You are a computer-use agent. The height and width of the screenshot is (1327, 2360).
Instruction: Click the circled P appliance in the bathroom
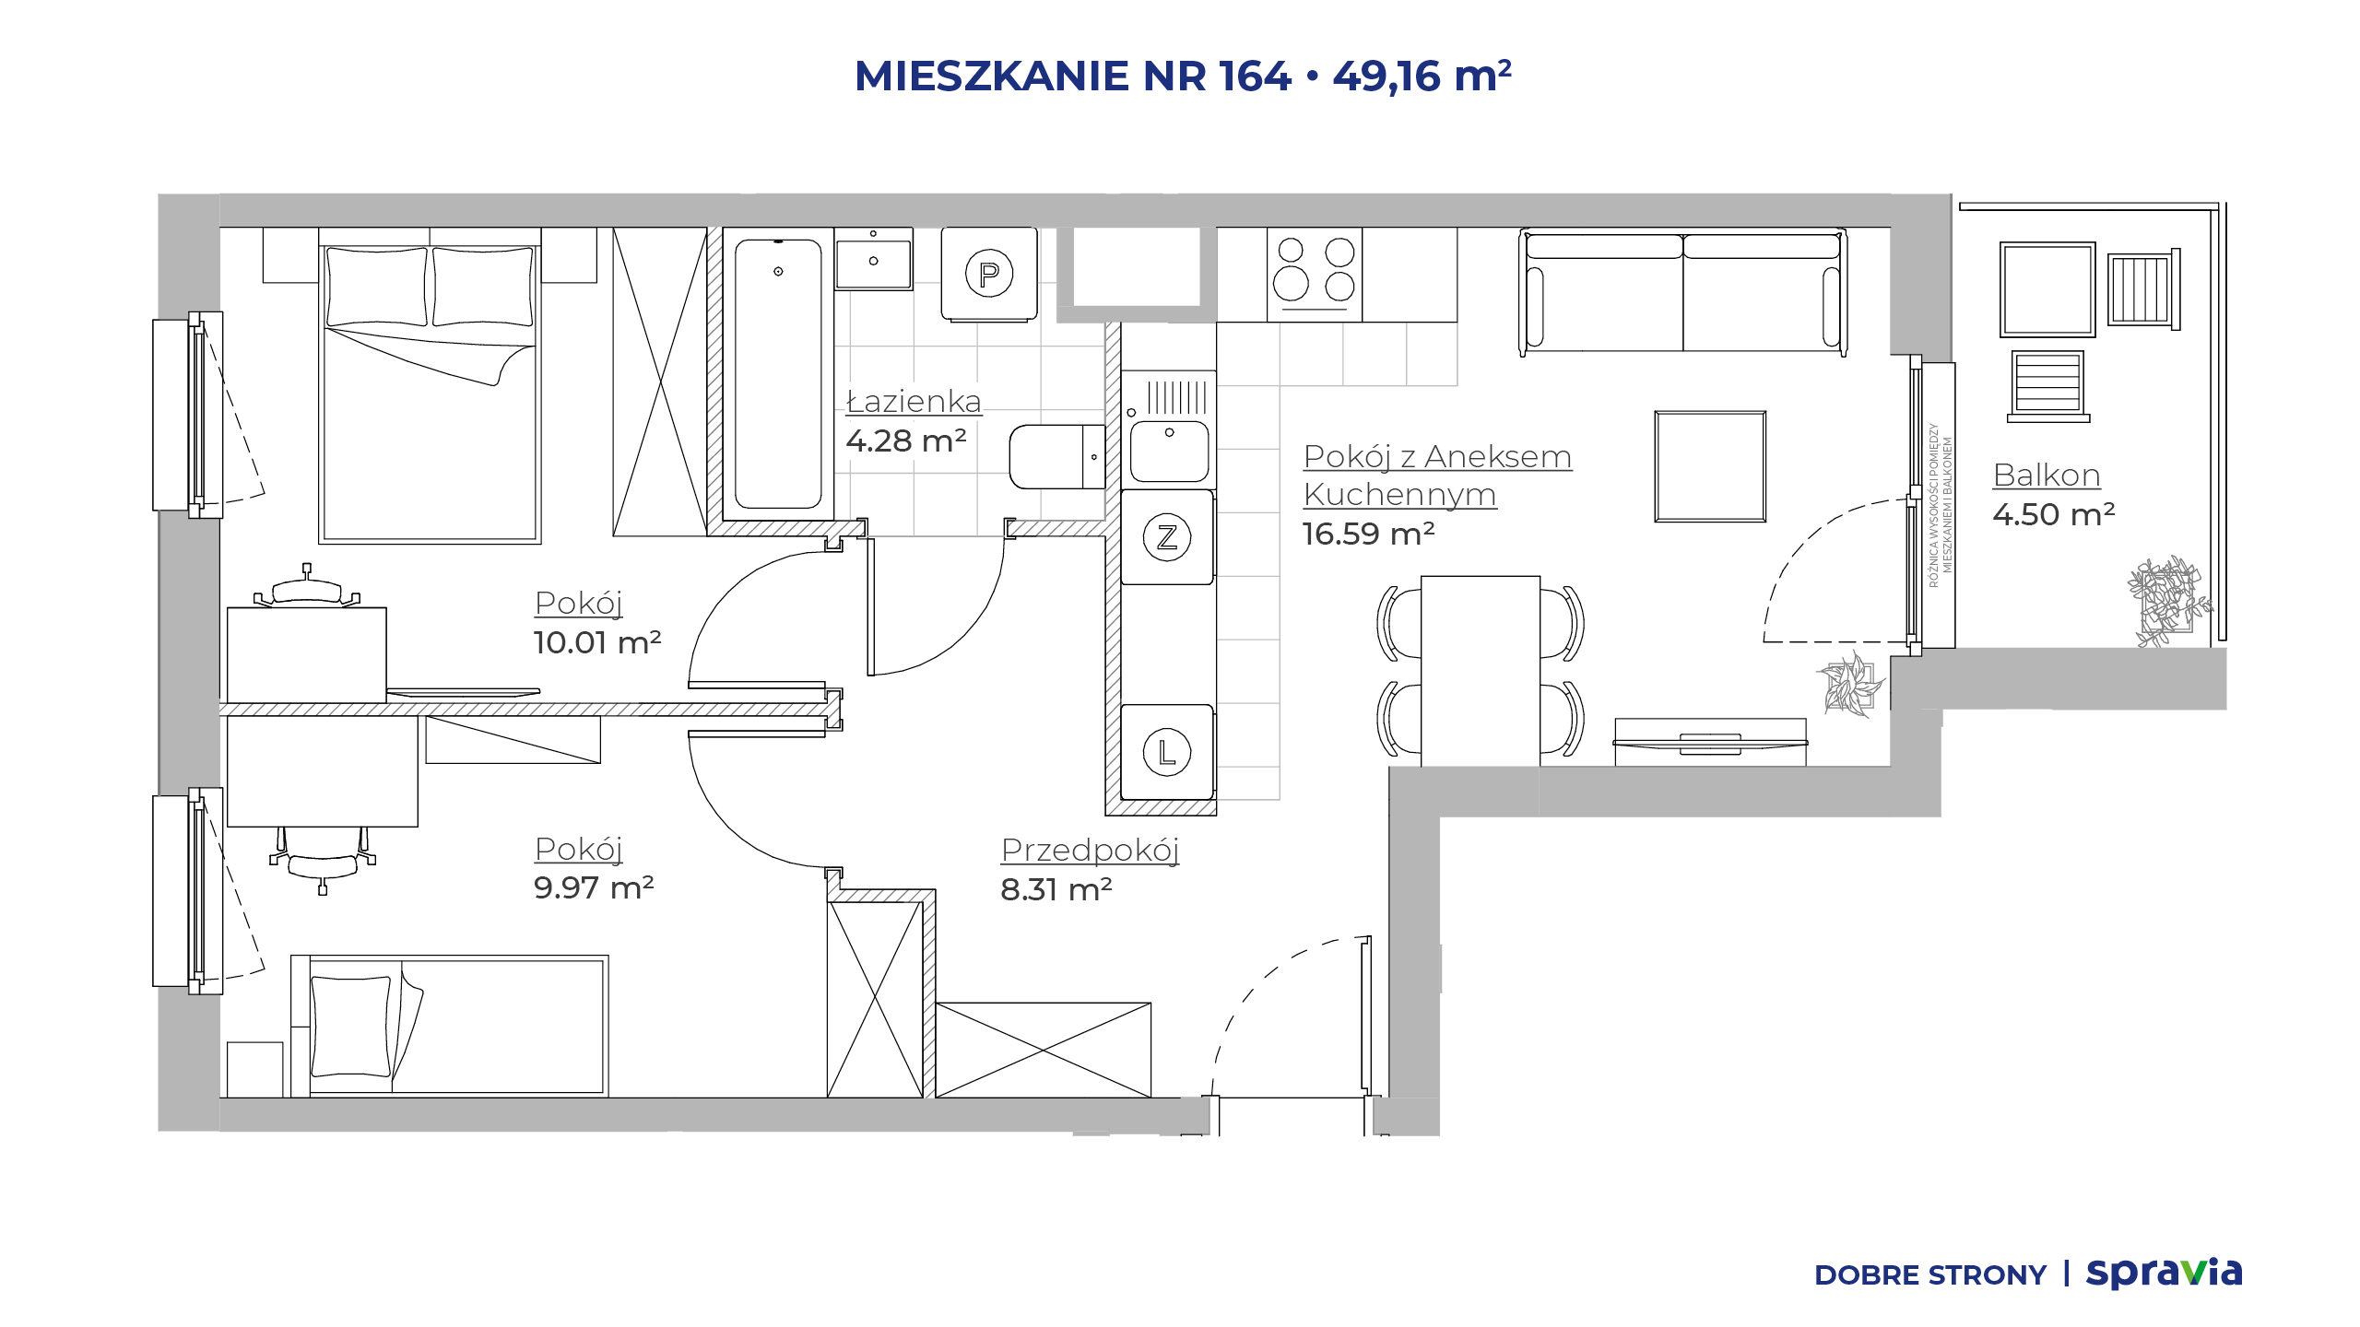click(x=989, y=274)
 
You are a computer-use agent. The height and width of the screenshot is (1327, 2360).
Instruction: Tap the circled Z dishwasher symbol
click(x=1167, y=537)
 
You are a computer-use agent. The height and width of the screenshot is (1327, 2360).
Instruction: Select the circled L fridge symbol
click(x=1167, y=752)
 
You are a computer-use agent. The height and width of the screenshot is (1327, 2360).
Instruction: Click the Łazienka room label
click(x=914, y=401)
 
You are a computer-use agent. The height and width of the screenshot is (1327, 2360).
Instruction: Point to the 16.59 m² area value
click(x=1368, y=534)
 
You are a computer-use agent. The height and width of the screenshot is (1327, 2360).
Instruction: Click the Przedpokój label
click(x=1090, y=851)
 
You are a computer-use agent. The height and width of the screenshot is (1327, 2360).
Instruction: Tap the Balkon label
click(x=2047, y=475)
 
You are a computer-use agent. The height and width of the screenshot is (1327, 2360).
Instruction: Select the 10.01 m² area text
click(x=597, y=642)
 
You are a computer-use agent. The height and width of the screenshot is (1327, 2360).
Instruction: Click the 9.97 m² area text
click(x=594, y=887)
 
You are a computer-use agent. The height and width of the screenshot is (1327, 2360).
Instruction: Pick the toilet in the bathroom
click(x=1057, y=457)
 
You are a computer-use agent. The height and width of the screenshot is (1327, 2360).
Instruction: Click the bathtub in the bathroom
click(x=778, y=374)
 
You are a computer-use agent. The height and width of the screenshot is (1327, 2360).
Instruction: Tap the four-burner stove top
click(x=1315, y=275)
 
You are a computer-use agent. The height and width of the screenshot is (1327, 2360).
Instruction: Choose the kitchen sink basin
click(x=1169, y=451)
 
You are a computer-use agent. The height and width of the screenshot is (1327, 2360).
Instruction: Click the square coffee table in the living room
click(x=1710, y=466)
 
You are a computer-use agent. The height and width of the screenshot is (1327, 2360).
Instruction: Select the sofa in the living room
click(x=1683, y=292)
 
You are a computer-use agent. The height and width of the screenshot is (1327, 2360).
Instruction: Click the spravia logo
click(x=2165, y=1273)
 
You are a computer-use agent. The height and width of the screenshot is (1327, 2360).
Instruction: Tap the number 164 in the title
click(x=1255, y=76)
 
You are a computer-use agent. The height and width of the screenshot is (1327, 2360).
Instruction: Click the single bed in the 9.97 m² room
click(x=449, y=1026)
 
